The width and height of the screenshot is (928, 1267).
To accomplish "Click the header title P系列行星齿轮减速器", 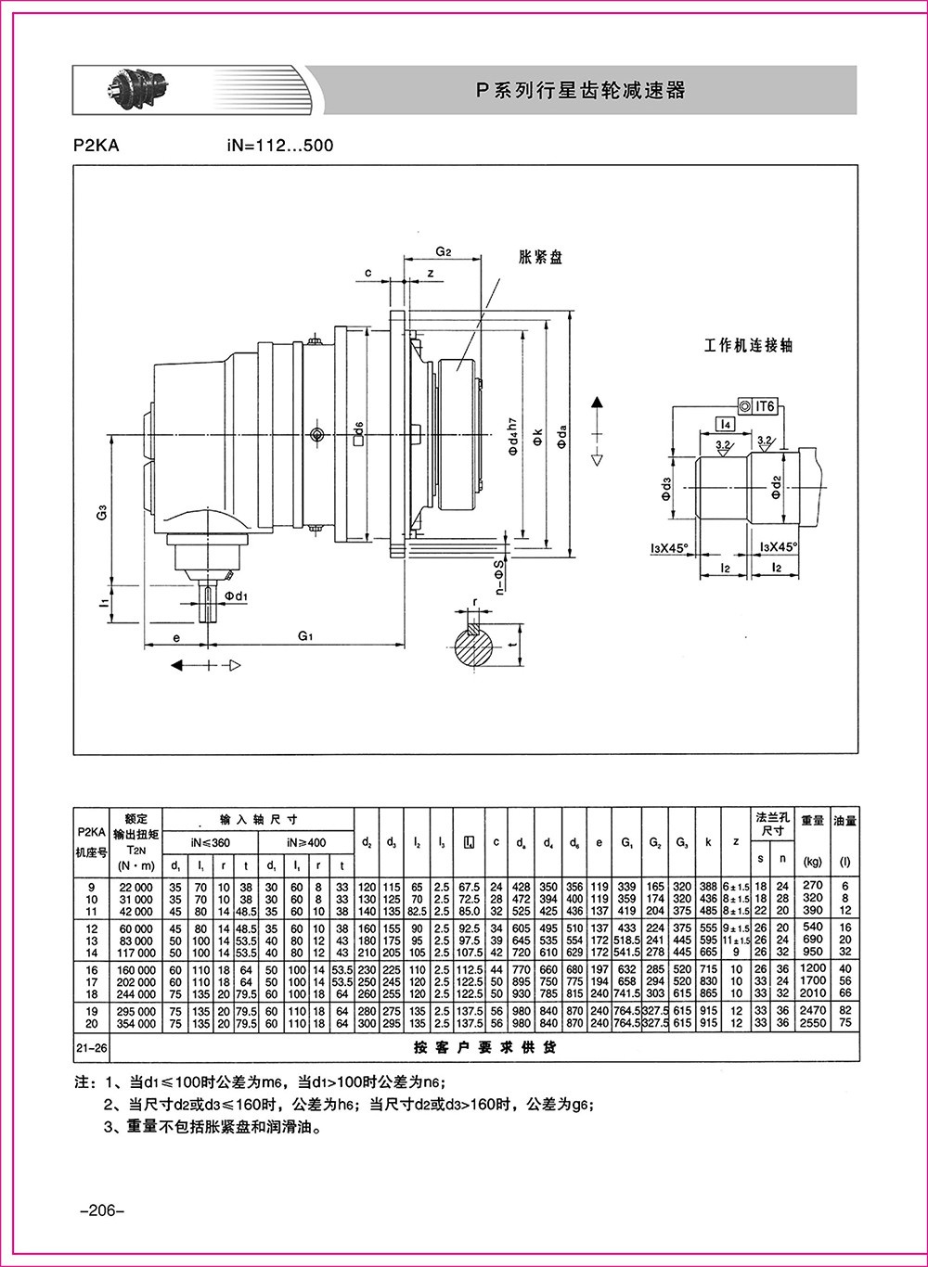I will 580,90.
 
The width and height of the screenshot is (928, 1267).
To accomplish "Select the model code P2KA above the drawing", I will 96,146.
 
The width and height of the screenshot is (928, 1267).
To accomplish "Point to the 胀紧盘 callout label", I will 540,257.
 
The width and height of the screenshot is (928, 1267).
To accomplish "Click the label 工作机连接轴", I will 748,345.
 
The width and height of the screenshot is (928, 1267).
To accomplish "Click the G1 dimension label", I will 306,636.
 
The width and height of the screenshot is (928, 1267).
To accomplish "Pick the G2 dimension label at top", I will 443,251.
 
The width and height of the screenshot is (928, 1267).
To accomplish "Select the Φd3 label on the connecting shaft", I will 664,483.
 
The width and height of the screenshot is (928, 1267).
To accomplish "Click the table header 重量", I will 813,821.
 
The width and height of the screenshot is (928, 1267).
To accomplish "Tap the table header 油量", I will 844,821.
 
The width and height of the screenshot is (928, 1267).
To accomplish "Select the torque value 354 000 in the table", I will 135,1023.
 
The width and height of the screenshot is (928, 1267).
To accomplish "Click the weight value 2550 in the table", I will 813,1023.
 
